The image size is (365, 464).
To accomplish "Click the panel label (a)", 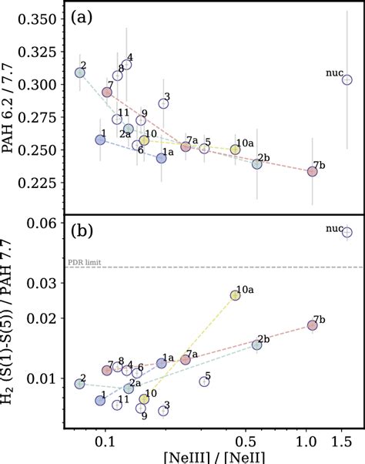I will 82,18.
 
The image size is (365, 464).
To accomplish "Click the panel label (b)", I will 82,230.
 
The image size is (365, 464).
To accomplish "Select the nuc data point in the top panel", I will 347,79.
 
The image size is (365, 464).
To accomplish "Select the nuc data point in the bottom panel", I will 347,231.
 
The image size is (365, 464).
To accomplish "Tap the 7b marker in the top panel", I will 312,171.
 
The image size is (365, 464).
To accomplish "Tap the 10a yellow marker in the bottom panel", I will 236,295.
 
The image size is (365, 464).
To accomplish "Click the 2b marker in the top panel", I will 257,163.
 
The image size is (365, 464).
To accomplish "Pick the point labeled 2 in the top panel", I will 79,72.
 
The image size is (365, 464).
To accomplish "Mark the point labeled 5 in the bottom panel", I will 204,382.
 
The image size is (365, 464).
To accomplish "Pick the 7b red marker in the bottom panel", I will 312,325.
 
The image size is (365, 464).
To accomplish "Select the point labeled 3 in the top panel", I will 163,103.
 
